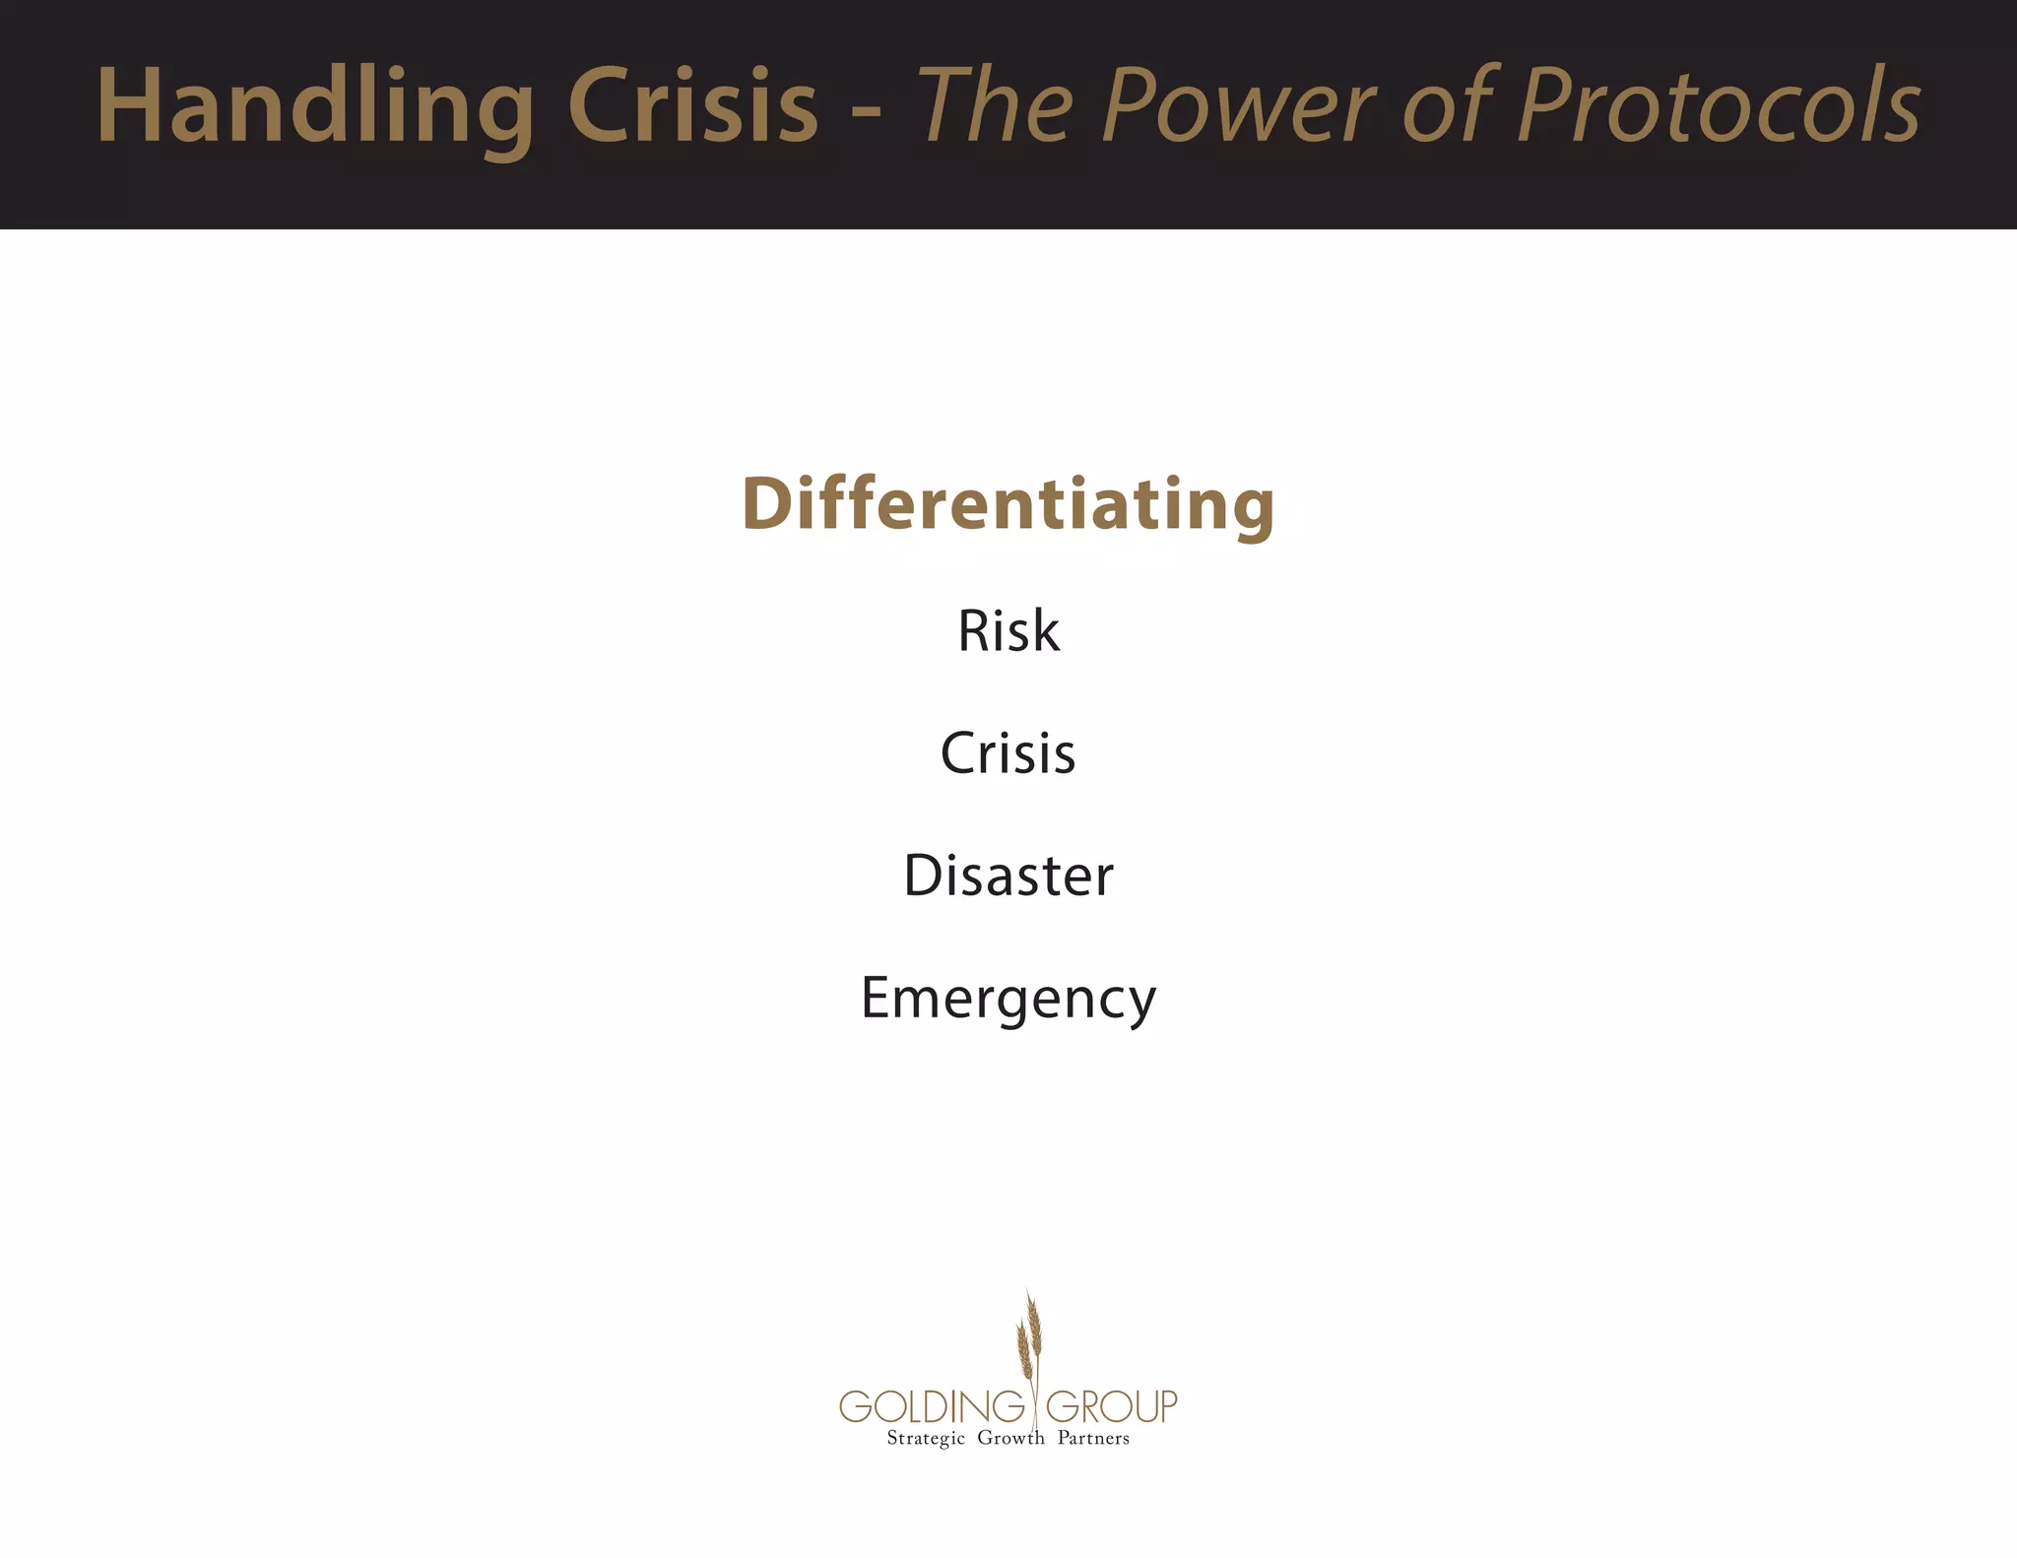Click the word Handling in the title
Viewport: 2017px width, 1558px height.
[x=315, y=106]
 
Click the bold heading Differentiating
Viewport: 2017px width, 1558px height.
[x=1008, y=503]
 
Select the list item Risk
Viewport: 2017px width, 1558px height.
[x=1008, y=630]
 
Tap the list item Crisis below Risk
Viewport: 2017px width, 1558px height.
[x=1008, y=753]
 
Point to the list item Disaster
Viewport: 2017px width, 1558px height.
[x=1008, y=876]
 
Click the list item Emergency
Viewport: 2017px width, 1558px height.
[x=1008, y=999]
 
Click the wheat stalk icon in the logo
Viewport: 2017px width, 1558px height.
[x=1030, y=1339]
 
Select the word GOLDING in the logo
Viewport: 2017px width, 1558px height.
[x=932, y=1406]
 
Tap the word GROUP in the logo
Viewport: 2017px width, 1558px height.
[x=1111, y=1406]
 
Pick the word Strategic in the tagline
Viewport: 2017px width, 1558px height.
[x=926, y=1439]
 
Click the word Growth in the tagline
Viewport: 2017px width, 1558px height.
[x=1010, y=1438]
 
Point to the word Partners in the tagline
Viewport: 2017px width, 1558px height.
[x=1093, y=1438]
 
